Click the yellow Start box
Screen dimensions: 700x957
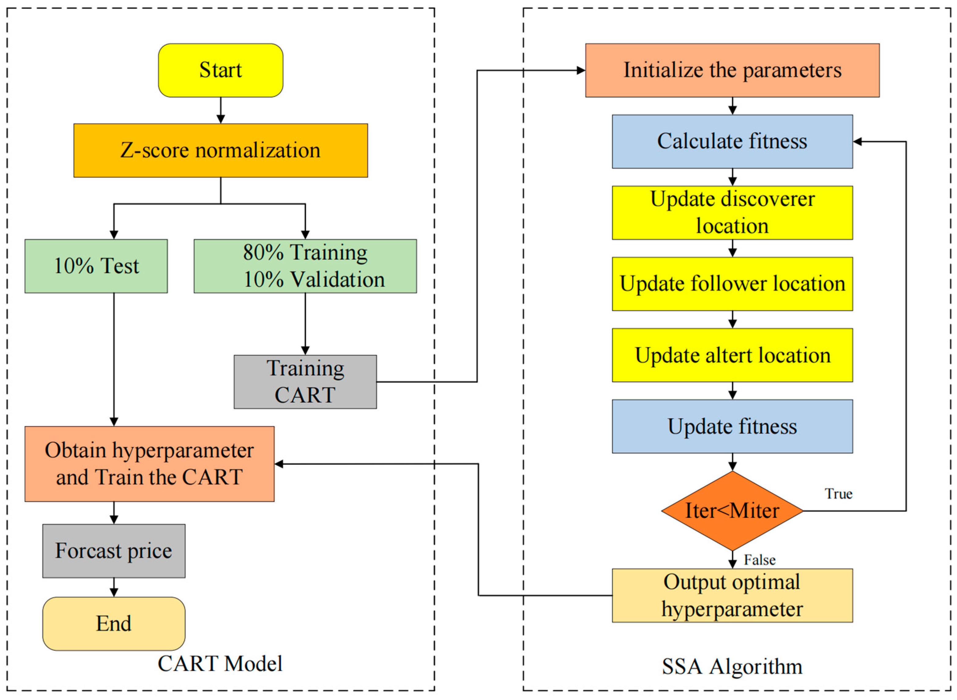221,70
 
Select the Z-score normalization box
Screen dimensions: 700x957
221,150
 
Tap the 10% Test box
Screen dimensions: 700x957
96,266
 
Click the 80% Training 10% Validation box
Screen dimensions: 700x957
305,266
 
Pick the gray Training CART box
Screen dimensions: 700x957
305,382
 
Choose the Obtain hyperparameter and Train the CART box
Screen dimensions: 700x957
149,464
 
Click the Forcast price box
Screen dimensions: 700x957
114,551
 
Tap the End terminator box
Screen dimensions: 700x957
114,624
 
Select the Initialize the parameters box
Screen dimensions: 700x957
732,70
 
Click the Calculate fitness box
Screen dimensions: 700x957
732,142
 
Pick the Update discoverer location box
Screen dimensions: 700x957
732,213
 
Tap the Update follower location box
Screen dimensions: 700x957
732,284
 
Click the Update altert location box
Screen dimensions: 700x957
732,355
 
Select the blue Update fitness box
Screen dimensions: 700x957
732,426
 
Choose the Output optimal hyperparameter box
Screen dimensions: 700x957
732,595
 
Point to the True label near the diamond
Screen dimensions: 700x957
838,494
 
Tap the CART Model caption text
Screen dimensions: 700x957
220,664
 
